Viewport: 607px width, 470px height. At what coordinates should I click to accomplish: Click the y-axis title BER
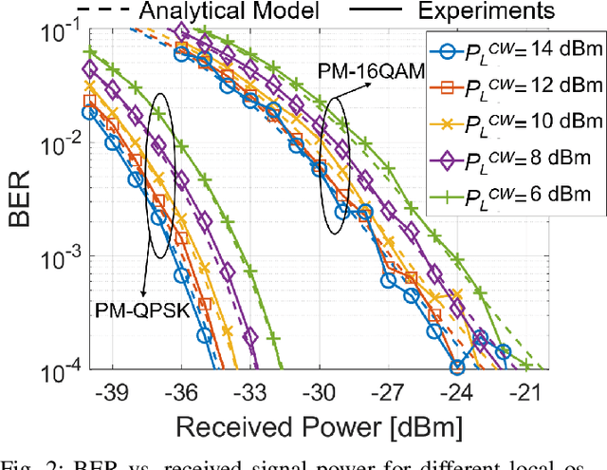click(x=21, y=201)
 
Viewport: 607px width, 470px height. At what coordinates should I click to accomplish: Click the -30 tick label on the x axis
click(x=318, y=391)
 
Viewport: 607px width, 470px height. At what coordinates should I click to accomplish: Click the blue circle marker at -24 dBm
click(x=457, y=367)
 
